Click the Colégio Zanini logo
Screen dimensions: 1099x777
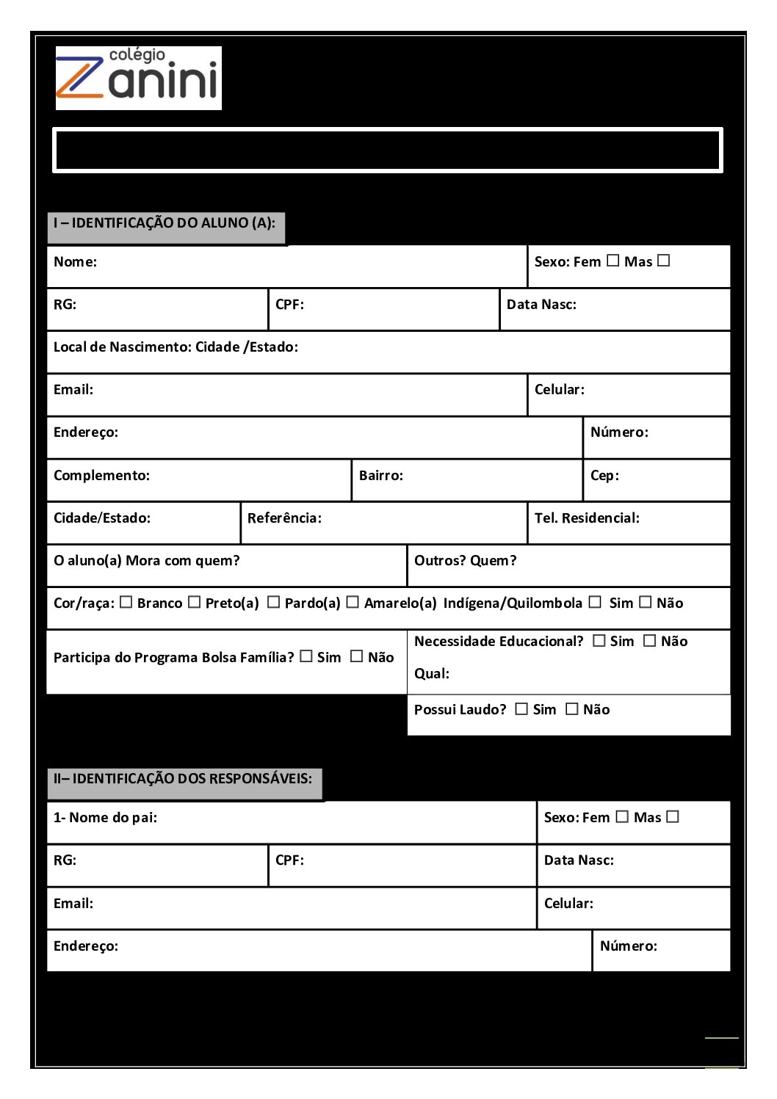click(x=138, y=78)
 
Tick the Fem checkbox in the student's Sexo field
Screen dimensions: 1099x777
click(x=613, y=261)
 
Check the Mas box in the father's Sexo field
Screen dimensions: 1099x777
click(x=673, y=816)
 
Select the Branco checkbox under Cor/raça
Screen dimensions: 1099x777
click(x=126, y=602)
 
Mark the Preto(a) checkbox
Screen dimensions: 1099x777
click(x=195, y=602)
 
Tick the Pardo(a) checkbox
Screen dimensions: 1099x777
click(x=274, y=602)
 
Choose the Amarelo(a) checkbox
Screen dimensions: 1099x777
click(x=353, y=602)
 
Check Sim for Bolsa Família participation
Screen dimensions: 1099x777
click(x=306, y=656)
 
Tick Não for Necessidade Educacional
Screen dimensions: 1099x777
click(x=650, y=640)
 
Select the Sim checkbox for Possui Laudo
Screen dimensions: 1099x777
click(x=521, y=708)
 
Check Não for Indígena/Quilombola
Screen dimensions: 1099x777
click(x=646, y=602)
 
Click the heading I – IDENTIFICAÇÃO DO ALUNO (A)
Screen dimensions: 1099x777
click(x=165, y=223)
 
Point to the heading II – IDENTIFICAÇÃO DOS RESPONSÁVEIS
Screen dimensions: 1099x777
click(x=183, y=779)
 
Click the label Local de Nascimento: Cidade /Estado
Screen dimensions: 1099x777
click(x=176, y=347)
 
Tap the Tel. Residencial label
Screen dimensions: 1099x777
click(x=587, y=518)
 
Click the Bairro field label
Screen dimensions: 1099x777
click(x=381, y=476)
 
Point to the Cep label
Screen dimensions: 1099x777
click(x=604, y=476)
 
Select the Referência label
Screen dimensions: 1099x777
click(x=284, y=518)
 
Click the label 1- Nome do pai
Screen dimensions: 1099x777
click(x=105, y=818)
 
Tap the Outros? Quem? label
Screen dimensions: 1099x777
click(x=465, y=561)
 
